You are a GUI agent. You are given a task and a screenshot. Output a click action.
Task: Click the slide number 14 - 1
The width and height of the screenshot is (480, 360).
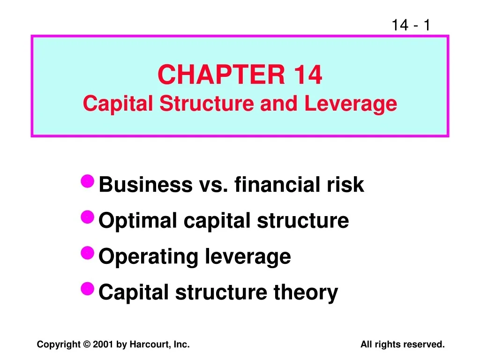(x=411, y=24)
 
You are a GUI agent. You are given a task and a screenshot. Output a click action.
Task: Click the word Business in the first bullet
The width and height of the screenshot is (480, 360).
(x=145, y=185)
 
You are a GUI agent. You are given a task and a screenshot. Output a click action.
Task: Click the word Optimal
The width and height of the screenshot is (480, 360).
(x=139, y=221)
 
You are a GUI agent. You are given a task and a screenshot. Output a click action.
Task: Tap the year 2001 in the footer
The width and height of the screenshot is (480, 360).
(x=103, y=345)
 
